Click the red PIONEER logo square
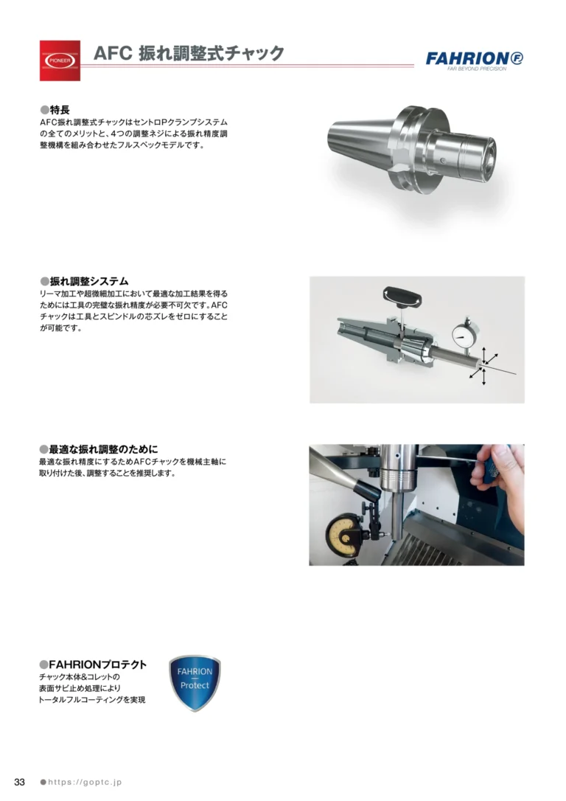(60, 60)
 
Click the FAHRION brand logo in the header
(474, 60)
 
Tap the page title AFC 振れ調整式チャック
(189, 53)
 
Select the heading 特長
(60, 110)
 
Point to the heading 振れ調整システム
(88, 281)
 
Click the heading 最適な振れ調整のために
(104, 449)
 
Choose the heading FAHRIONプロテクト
(97, 665)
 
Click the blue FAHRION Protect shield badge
(195, 683)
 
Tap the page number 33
(19, 782)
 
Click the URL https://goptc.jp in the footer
(85, 782)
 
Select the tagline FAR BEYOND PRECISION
(477, 69)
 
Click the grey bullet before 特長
(44, 111)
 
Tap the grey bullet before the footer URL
(43, 782)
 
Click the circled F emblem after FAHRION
(517, 58)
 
